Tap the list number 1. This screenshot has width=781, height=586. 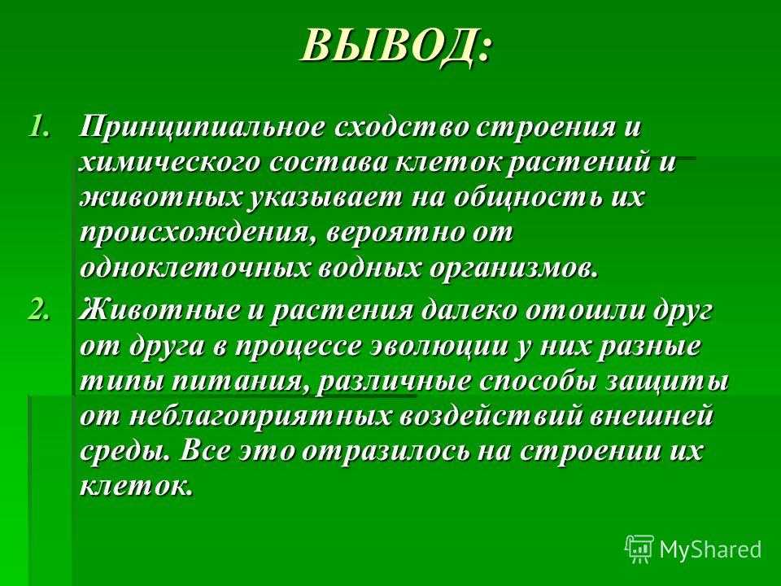(x=39, y=127)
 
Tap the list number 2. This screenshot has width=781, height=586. (x=39, y=310)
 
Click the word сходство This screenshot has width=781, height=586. (x=401, y=127)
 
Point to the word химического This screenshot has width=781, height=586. (x=169, y=163)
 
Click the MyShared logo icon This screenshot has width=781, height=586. (x=640, y=549)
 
